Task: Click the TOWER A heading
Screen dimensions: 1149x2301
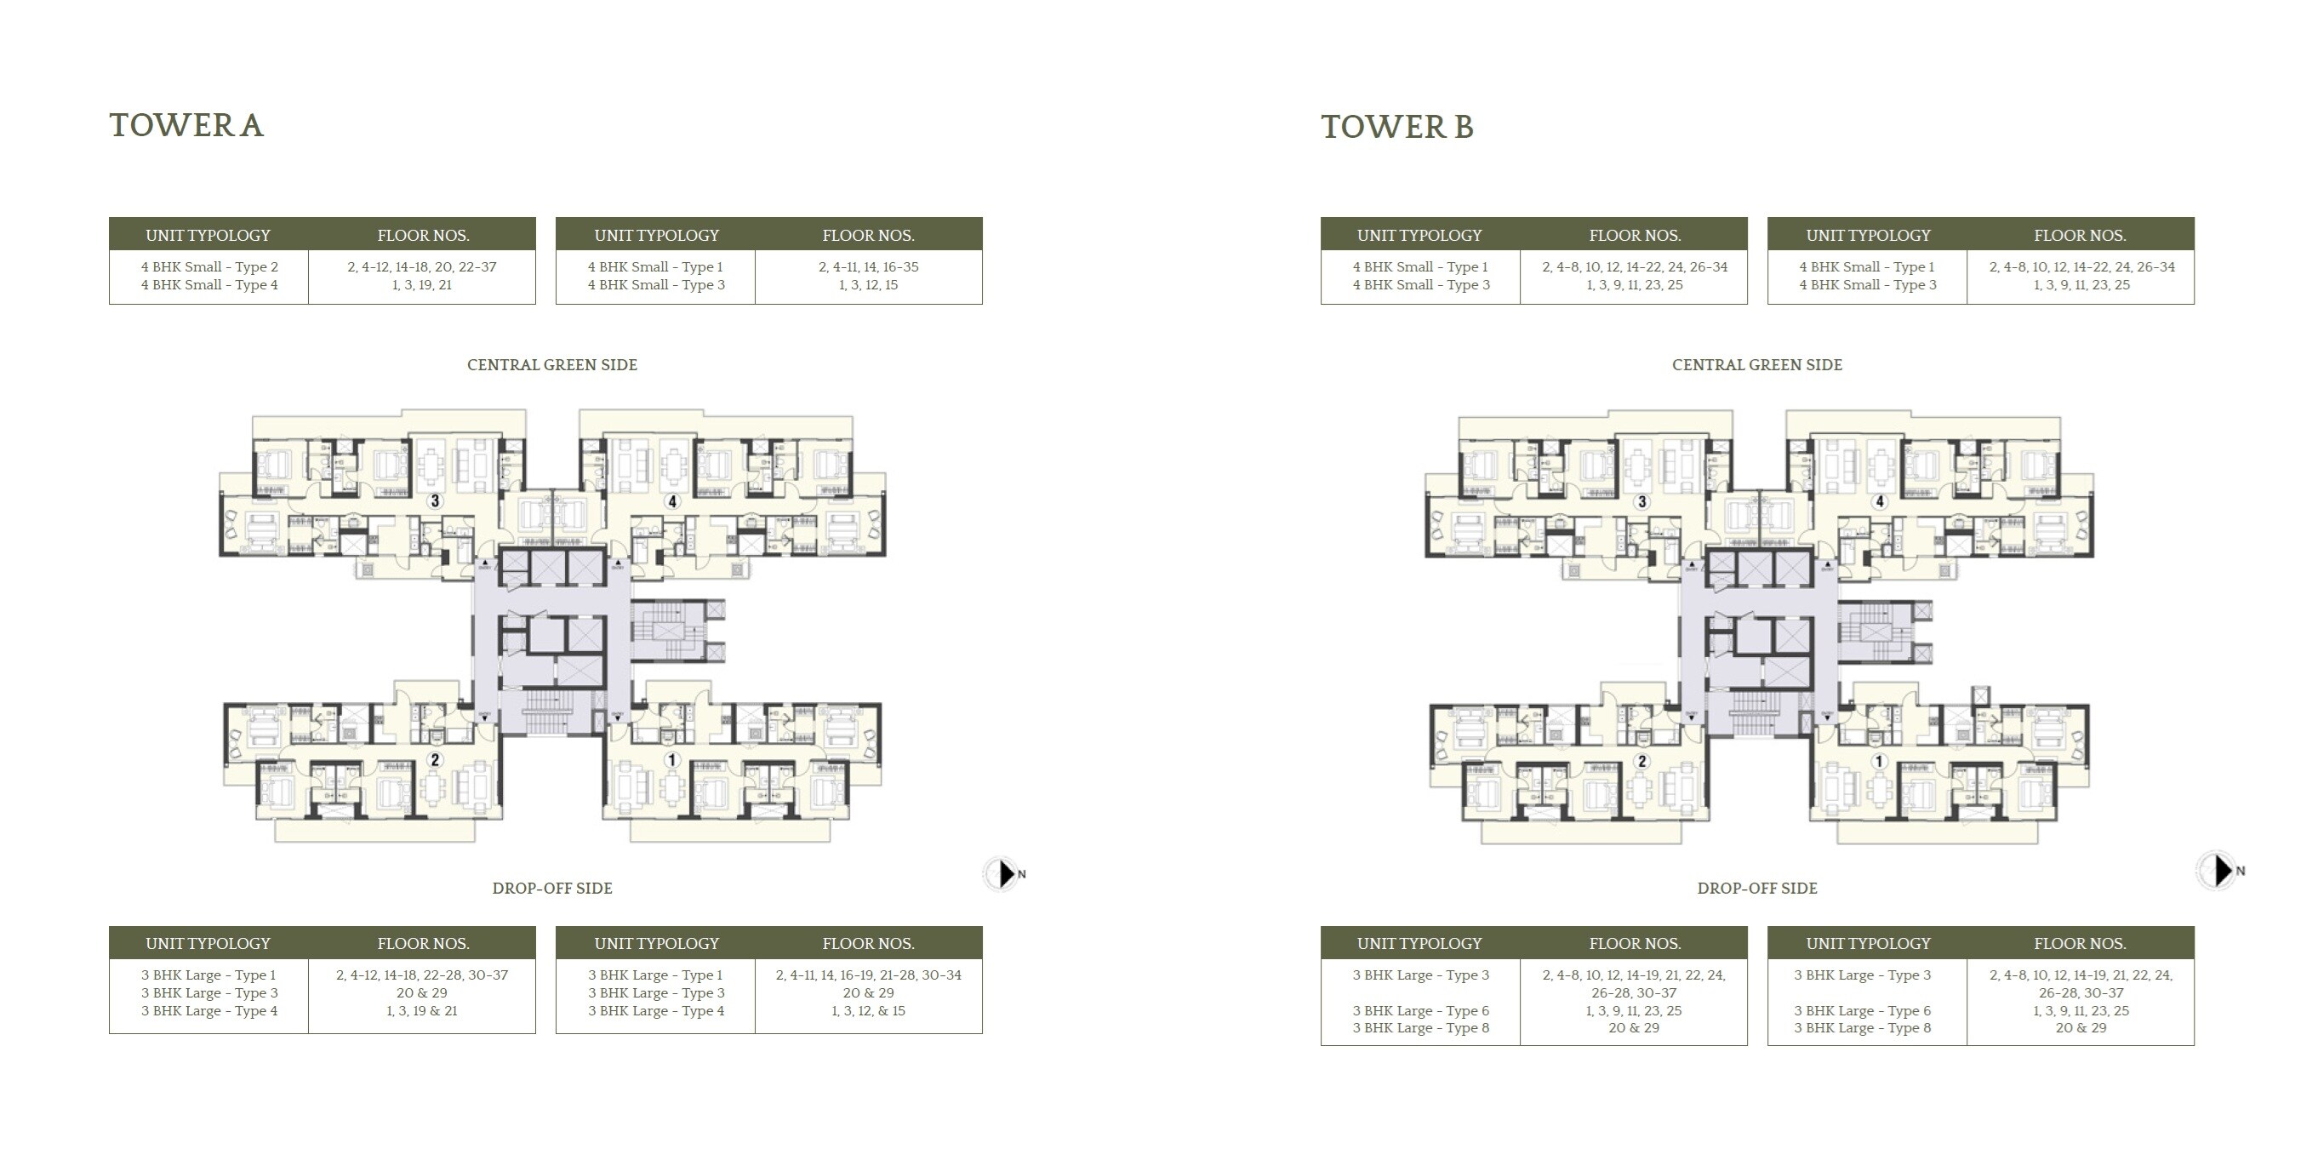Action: (x=186, y=126)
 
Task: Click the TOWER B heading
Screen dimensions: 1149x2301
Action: (x=1397, y=127)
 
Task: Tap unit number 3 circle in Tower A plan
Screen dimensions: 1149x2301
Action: (x=435, y=501)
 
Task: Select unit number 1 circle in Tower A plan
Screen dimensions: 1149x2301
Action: (x=671, y=760)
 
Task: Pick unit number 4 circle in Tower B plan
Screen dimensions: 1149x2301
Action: (x=1880, y=502)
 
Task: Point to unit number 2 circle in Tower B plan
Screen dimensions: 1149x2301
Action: (x=1642, y=761)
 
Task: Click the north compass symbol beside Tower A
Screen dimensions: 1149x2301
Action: (x=1004, y=874)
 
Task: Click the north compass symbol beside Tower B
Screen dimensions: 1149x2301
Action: (x=2218, y=870)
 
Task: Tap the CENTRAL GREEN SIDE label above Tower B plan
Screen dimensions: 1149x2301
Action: (x=1756, y=364)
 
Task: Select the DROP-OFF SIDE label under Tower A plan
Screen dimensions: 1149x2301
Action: (x=552, y=888)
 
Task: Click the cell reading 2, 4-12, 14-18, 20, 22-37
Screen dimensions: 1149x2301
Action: (x=421, y=267)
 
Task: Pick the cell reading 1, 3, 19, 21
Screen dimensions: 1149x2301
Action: (x=421, y=285)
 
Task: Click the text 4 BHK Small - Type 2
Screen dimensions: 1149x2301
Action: (x=209, y=267)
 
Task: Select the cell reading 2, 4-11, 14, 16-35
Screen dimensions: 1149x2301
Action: (x=868, y=267)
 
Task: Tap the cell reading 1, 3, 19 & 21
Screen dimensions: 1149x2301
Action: (x=421, y=1011)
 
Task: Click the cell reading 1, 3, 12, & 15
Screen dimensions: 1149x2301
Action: (x=868, y=1011)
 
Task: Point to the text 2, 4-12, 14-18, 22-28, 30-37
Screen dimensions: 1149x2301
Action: (x=421, y=975)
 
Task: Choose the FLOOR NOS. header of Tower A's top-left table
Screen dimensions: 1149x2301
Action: (x=423, y=236)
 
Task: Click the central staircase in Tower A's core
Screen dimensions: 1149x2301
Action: (x=546, y=712)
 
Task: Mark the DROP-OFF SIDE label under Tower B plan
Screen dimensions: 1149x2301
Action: (x=1756, y=888)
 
